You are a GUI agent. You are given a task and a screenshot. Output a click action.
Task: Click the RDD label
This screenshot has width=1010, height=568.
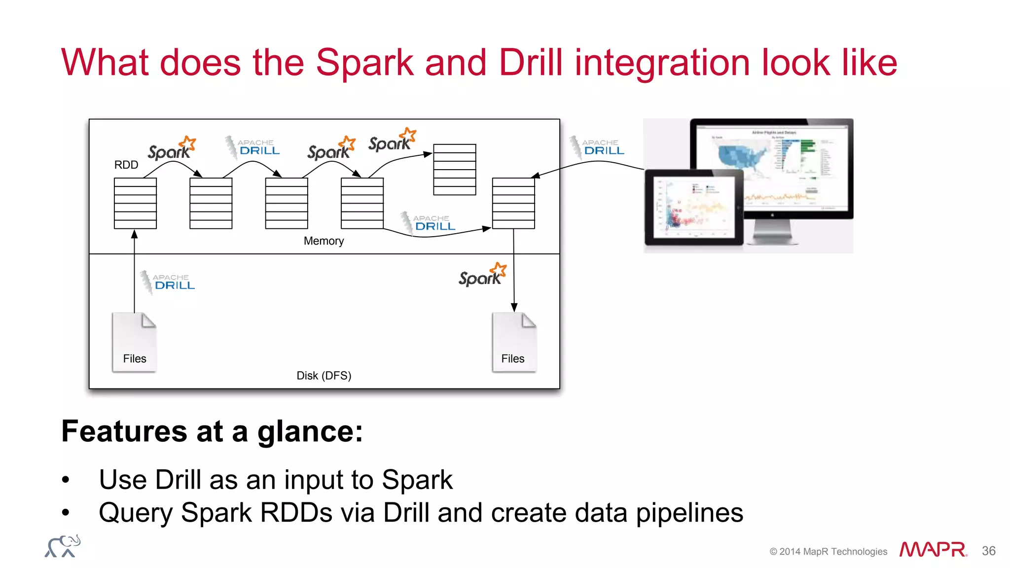coord(126,165)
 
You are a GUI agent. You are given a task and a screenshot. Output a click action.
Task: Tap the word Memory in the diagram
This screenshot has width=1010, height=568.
coord(324,241)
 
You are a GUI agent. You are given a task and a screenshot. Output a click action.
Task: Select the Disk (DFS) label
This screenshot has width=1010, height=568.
coord(324,376)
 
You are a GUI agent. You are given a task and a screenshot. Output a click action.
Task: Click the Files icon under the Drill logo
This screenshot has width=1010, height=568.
coord(134,342)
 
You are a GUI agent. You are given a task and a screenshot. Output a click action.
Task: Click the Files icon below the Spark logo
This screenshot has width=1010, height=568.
coord(514,342)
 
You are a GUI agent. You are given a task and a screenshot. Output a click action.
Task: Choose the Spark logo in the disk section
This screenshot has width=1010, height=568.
coord(482,275)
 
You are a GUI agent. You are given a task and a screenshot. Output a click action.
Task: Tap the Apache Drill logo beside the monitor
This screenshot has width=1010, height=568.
coord(597,147)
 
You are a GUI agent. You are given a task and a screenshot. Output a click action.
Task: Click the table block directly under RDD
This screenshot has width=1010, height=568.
coord(135,203)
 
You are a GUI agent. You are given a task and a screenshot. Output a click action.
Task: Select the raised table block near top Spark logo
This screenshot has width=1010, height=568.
coord(454,169)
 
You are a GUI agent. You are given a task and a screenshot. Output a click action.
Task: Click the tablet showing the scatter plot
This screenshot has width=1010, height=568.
coord(693,207)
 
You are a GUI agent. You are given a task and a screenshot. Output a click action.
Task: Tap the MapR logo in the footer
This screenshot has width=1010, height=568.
coord(933,549)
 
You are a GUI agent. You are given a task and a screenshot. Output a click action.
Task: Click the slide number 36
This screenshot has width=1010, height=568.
coord(988,551)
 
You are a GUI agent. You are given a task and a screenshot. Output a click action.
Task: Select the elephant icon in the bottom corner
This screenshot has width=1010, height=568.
coord(63,546)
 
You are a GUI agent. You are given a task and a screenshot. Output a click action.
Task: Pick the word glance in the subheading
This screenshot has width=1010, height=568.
coord(310,431)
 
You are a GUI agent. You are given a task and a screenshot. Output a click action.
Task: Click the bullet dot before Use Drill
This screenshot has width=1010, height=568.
coord(66,480)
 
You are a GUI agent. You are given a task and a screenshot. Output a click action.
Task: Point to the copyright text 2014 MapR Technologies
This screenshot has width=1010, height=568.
coord(828,551)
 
